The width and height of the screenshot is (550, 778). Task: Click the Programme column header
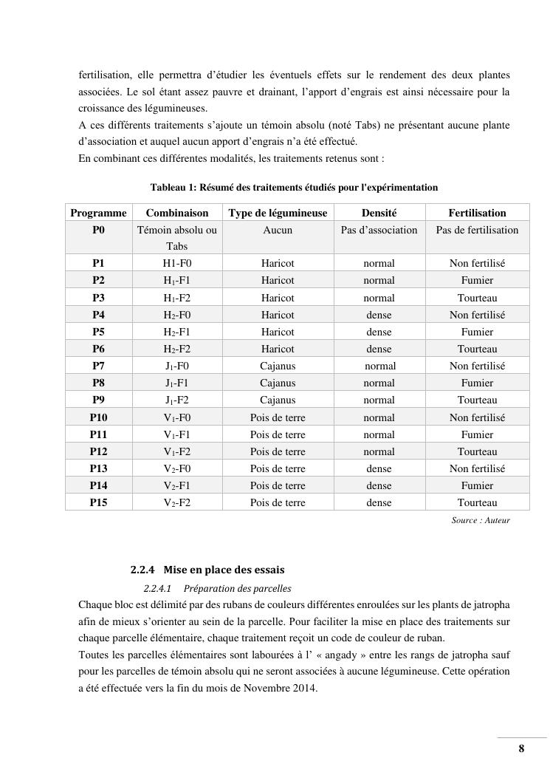(x=98, y=213)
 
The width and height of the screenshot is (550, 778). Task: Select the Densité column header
(x=379, y=213)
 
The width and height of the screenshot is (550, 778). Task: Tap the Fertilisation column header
(x=477, y=213)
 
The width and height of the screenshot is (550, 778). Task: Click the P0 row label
(x=98, y=230)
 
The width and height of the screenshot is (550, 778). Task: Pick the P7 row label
(x=98, y=366)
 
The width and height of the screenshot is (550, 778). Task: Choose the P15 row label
(x=98, y=502)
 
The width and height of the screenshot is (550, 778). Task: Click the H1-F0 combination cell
(x=177, y=263)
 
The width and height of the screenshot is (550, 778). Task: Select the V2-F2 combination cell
(x=177, y=502)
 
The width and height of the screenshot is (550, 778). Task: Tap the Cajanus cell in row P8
(x=278, y=383)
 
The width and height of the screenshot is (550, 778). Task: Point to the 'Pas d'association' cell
(x=379, y=230)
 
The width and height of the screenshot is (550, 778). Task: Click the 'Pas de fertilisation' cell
(x=477, y=230)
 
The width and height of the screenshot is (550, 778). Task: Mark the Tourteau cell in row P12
(x=477, y=451)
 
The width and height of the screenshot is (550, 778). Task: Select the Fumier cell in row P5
(x=477, y=332)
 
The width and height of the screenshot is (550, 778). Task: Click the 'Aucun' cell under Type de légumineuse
(x=278, y=230)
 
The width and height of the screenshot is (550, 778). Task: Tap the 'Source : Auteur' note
(x=481, y=520)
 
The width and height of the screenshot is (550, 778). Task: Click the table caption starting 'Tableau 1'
(x=294, y=188)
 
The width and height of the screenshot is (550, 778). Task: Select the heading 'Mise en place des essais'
(x=223, y=570)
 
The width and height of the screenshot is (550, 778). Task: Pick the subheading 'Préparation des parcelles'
(x=237, y=589)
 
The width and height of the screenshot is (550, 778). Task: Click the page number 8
(x=521, y=748)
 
